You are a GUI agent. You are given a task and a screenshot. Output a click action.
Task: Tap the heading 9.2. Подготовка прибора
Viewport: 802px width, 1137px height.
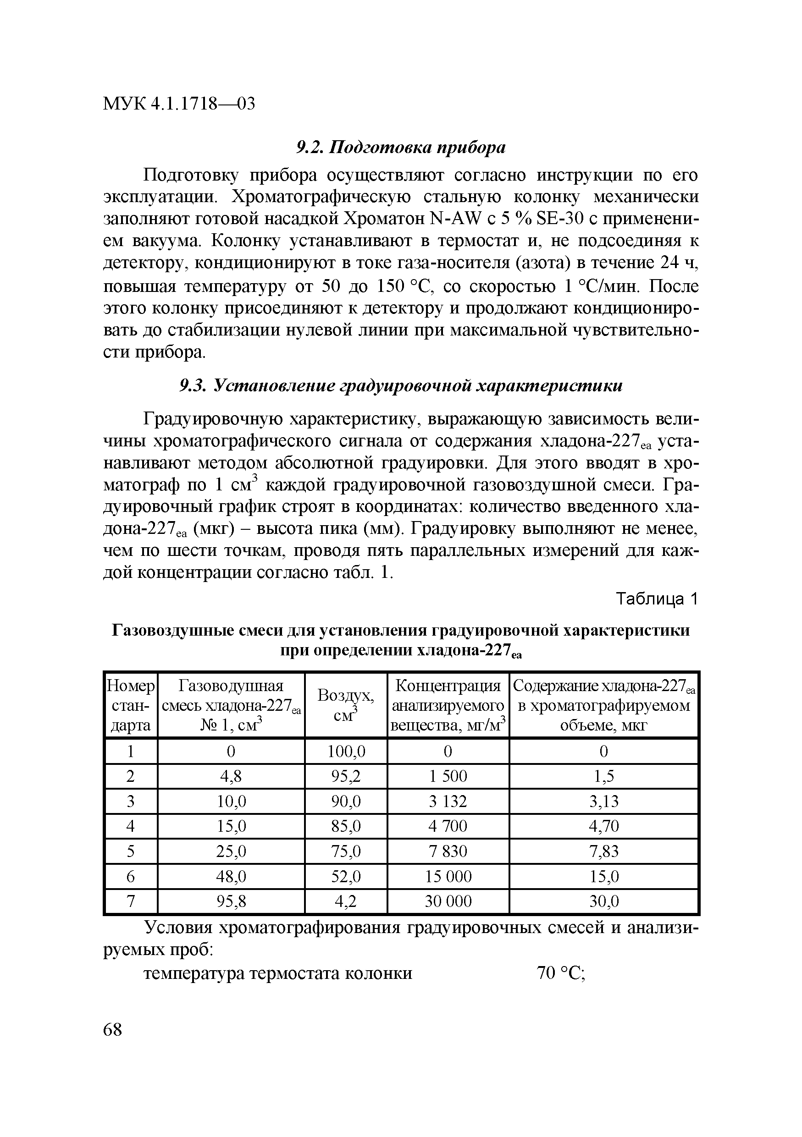401,148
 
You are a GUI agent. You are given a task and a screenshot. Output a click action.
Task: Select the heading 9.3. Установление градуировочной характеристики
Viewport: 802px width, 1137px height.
401,386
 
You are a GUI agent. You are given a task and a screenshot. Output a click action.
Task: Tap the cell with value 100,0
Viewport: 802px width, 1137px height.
346,752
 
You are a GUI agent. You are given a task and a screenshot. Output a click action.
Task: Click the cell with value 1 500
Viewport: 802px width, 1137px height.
448,776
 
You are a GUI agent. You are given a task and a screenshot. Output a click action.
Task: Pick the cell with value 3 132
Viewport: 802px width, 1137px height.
448,801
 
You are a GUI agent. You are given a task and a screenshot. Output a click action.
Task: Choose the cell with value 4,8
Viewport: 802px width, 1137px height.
231,776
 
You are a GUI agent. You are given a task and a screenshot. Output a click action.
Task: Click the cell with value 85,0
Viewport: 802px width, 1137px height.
346,826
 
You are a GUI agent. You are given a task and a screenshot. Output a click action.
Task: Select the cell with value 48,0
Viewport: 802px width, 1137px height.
231,877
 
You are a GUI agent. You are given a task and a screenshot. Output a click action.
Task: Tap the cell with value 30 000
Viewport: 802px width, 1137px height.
448,901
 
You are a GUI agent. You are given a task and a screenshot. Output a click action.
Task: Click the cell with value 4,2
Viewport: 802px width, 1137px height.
346,901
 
